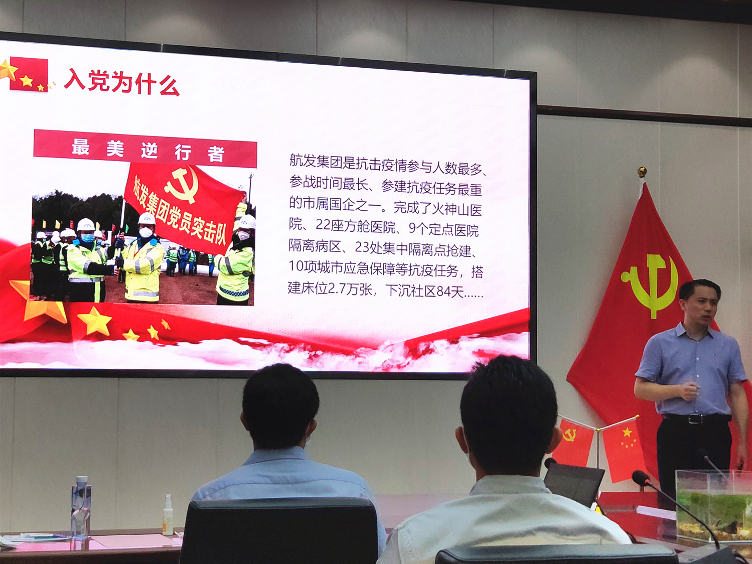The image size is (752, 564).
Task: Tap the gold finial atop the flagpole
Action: tap(642, 172)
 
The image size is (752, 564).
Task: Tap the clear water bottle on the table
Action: tap(80, 507)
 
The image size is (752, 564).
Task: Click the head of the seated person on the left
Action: tap(280, 406)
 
